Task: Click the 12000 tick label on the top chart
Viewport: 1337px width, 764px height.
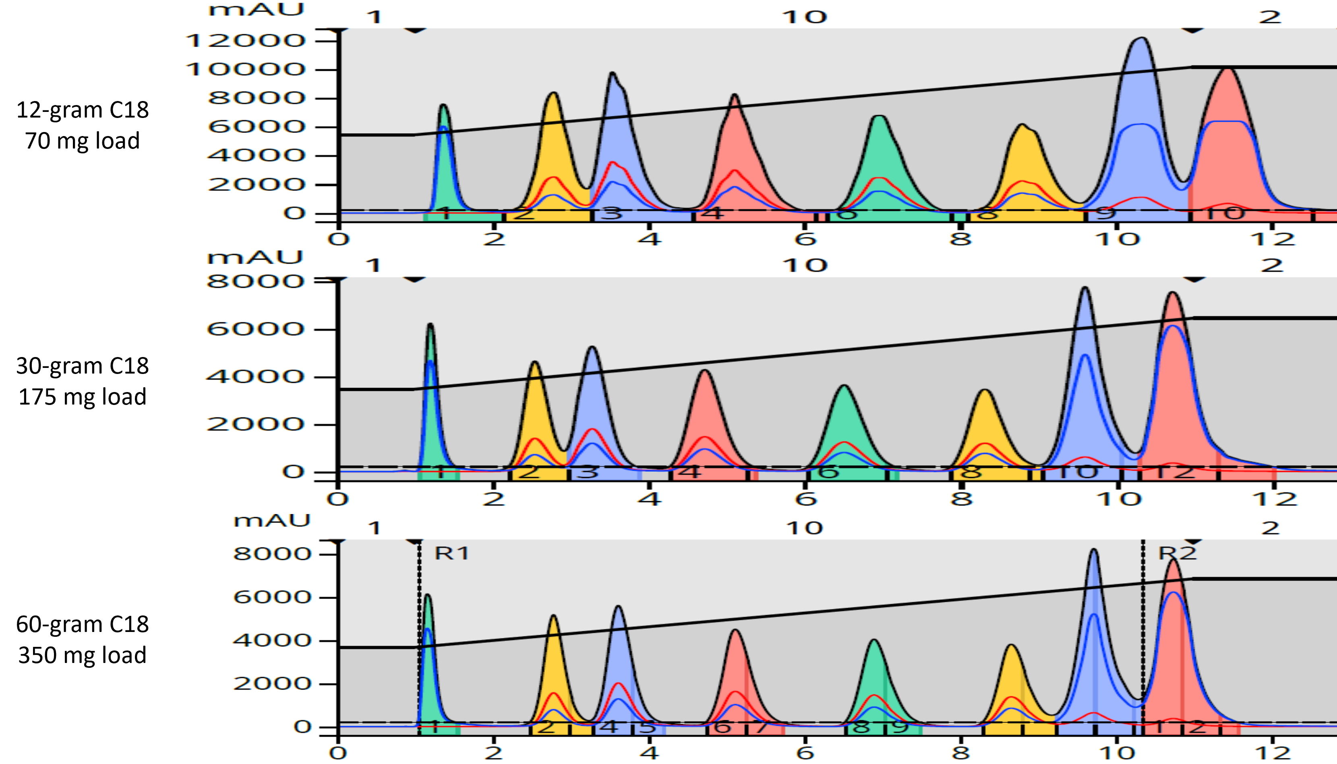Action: click(x=246, y=40)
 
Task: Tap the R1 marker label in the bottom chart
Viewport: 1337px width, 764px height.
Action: click(x=452, y=553)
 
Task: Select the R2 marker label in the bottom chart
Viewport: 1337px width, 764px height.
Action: click(x=1177, y=553)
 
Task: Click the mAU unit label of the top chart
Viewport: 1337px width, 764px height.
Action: click(x=256, y=9)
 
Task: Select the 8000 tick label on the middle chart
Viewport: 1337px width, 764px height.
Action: click(x=256, y=281)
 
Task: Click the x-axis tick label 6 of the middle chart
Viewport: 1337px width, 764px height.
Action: click(x=805, y=498)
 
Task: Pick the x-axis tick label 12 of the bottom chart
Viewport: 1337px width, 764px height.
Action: click(x=1273, y=754)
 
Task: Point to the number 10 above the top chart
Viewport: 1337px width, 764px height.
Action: click(x=804, y=17)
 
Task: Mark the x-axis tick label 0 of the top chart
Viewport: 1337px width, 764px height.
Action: click(x=339, y=239)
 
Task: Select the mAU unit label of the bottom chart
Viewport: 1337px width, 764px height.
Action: click(x=271, y=520)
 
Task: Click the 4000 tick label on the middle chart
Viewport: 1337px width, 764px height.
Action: click(x=256, y=376)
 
